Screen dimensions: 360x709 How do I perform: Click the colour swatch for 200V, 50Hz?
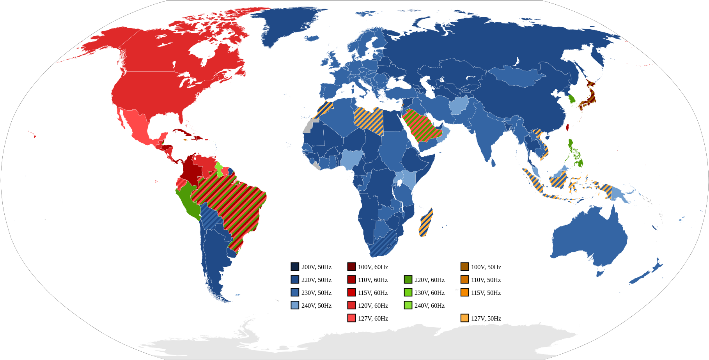coord(295,267)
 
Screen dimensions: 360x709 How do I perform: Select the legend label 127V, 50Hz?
coord(486,319)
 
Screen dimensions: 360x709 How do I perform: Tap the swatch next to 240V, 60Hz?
coord(408,305)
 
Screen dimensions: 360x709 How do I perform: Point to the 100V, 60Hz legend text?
coord(373,267)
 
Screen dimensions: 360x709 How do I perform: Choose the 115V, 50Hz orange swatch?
coord(464,293)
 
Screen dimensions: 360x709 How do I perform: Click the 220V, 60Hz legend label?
coord(429,280)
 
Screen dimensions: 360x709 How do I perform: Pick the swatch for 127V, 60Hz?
coord(351,318)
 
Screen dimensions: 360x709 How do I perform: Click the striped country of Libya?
coord(369,119)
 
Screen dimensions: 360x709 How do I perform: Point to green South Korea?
coord(572,99)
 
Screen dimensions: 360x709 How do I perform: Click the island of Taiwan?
coord(567,127)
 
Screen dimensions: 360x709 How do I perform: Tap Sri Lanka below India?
coord(493,163)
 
